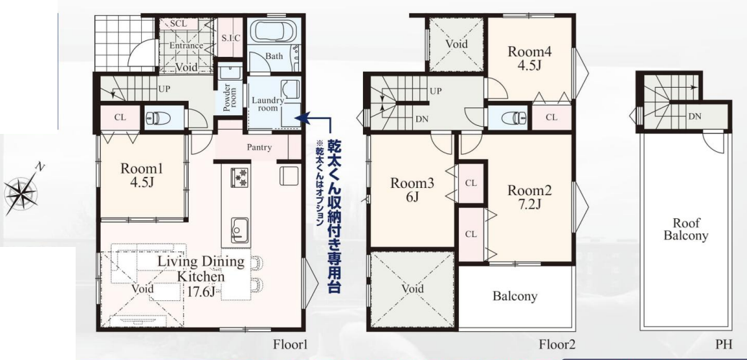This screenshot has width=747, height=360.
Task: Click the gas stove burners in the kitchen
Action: (240, 176)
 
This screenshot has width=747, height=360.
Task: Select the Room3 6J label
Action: (412, 189)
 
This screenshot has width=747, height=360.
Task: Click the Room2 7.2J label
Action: (529, 197)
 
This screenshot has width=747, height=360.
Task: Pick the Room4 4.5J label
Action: (529, 57)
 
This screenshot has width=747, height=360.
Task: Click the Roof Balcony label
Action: (686, 229)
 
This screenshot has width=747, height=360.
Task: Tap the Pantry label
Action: (259, 148)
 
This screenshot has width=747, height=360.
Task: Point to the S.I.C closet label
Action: (231, 38)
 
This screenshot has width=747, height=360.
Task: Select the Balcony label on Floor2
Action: (515, 296)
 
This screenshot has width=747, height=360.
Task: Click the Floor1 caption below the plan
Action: (290, 344)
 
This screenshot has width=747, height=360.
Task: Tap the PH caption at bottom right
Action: (723, 344)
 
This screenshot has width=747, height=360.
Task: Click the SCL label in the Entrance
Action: (178, 23)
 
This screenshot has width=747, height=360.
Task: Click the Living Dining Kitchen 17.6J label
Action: (200, 276)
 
